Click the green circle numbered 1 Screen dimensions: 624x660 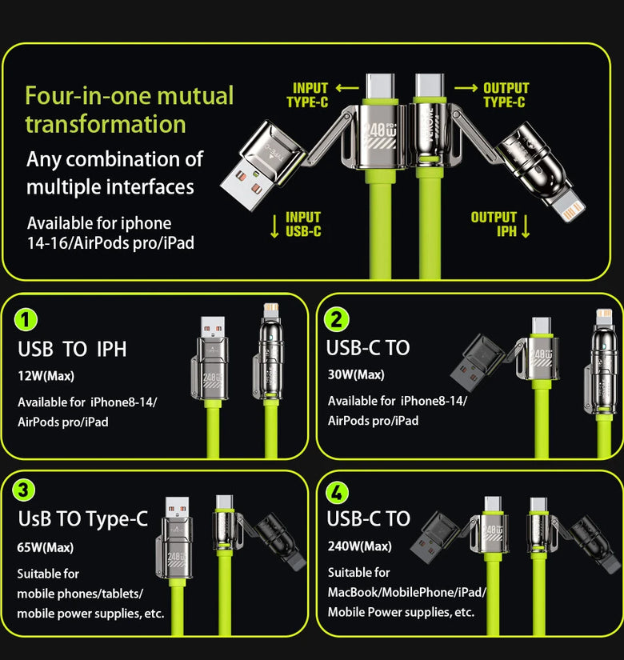tap(26, 319)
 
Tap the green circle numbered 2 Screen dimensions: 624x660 tap(336, 319)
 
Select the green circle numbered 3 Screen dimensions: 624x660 tap(23, 490)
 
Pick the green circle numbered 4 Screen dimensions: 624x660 tap(337, 492)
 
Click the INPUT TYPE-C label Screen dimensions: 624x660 tap(307, 95)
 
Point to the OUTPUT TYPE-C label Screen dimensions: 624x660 tap(506, 95)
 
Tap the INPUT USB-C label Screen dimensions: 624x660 tap(303, 224)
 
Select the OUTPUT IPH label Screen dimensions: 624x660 tap(494, 224)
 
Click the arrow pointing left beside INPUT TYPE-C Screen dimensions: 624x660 tap(347, 88)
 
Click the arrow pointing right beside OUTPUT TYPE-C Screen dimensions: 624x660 tap(466, 88)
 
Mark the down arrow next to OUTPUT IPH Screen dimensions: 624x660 tap(525, 226)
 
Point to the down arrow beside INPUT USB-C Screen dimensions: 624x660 tap(274, 226)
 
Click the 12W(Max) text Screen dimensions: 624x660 tap(46, 376)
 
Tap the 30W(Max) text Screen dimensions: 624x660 tap(356, 374)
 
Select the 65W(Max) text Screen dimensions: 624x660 tap(45, 547)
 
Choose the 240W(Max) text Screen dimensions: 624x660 tap(359, 546)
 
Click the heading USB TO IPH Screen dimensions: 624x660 tap(72, 349)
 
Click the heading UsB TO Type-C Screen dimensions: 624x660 tap(83, 519)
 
